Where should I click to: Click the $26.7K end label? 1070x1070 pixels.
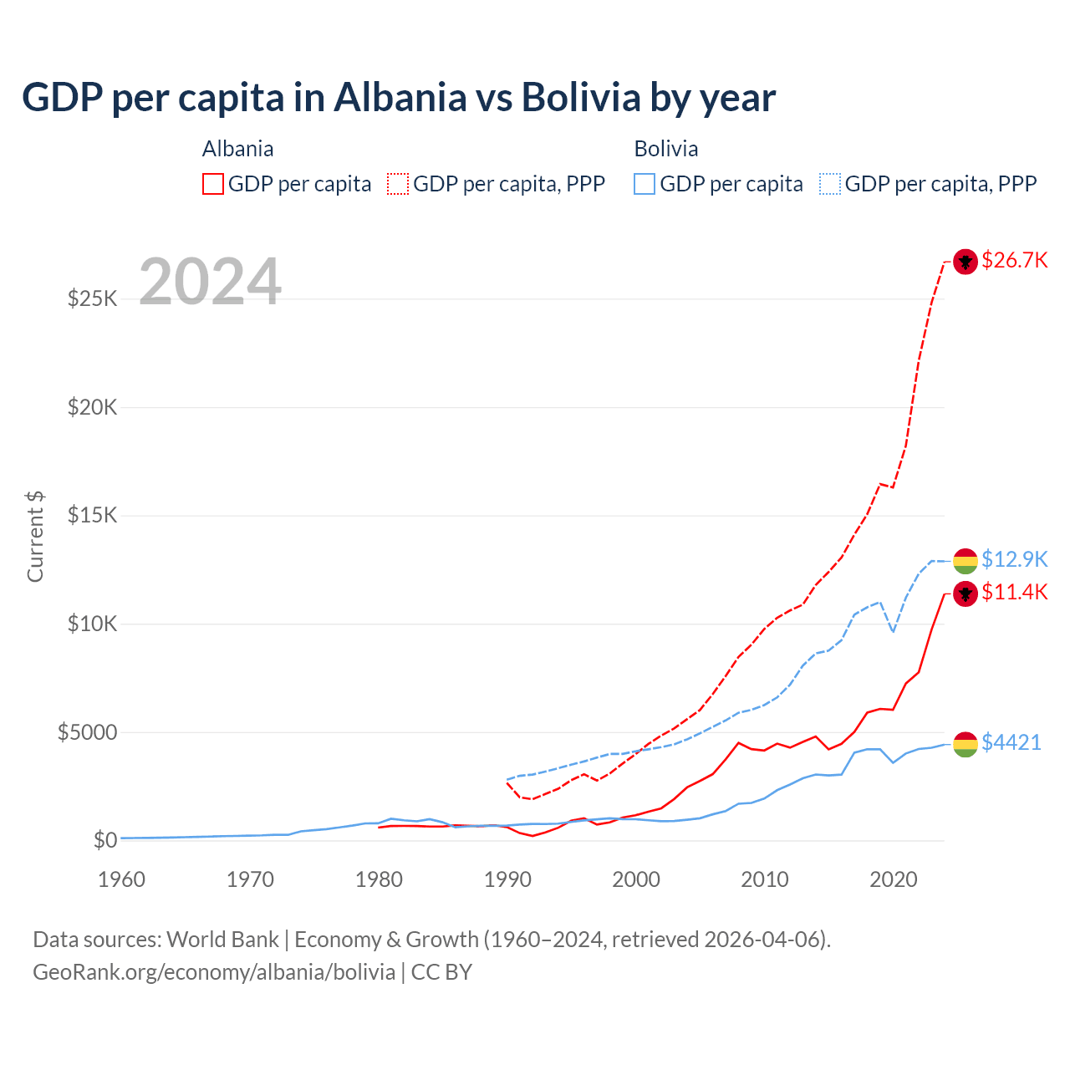(1014, 260)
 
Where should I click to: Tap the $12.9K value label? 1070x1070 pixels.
(1014, 559)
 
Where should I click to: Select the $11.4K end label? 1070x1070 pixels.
(1014, 593)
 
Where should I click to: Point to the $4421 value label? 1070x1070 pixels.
(1011, 742)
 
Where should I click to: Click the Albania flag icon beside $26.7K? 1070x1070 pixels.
(966, 262)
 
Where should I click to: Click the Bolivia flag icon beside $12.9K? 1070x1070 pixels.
(966, 561)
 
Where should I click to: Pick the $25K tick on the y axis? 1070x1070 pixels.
(92, 298)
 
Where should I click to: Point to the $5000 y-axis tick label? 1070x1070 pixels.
(87, 733)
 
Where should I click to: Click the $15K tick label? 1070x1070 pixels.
(92, 516)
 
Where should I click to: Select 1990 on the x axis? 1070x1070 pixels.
(507, 879)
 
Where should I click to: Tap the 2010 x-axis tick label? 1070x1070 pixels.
(765, 879)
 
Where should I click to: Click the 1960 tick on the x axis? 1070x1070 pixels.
(122, 879)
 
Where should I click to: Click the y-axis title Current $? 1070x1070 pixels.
(35, 537)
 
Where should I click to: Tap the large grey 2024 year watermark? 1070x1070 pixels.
(210, 282)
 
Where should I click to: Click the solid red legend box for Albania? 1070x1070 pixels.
(213, 184)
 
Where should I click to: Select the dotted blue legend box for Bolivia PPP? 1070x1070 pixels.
(830, 184)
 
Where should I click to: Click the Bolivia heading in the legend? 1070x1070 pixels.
(665, 149)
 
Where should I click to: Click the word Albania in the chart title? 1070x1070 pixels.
(400, 98)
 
